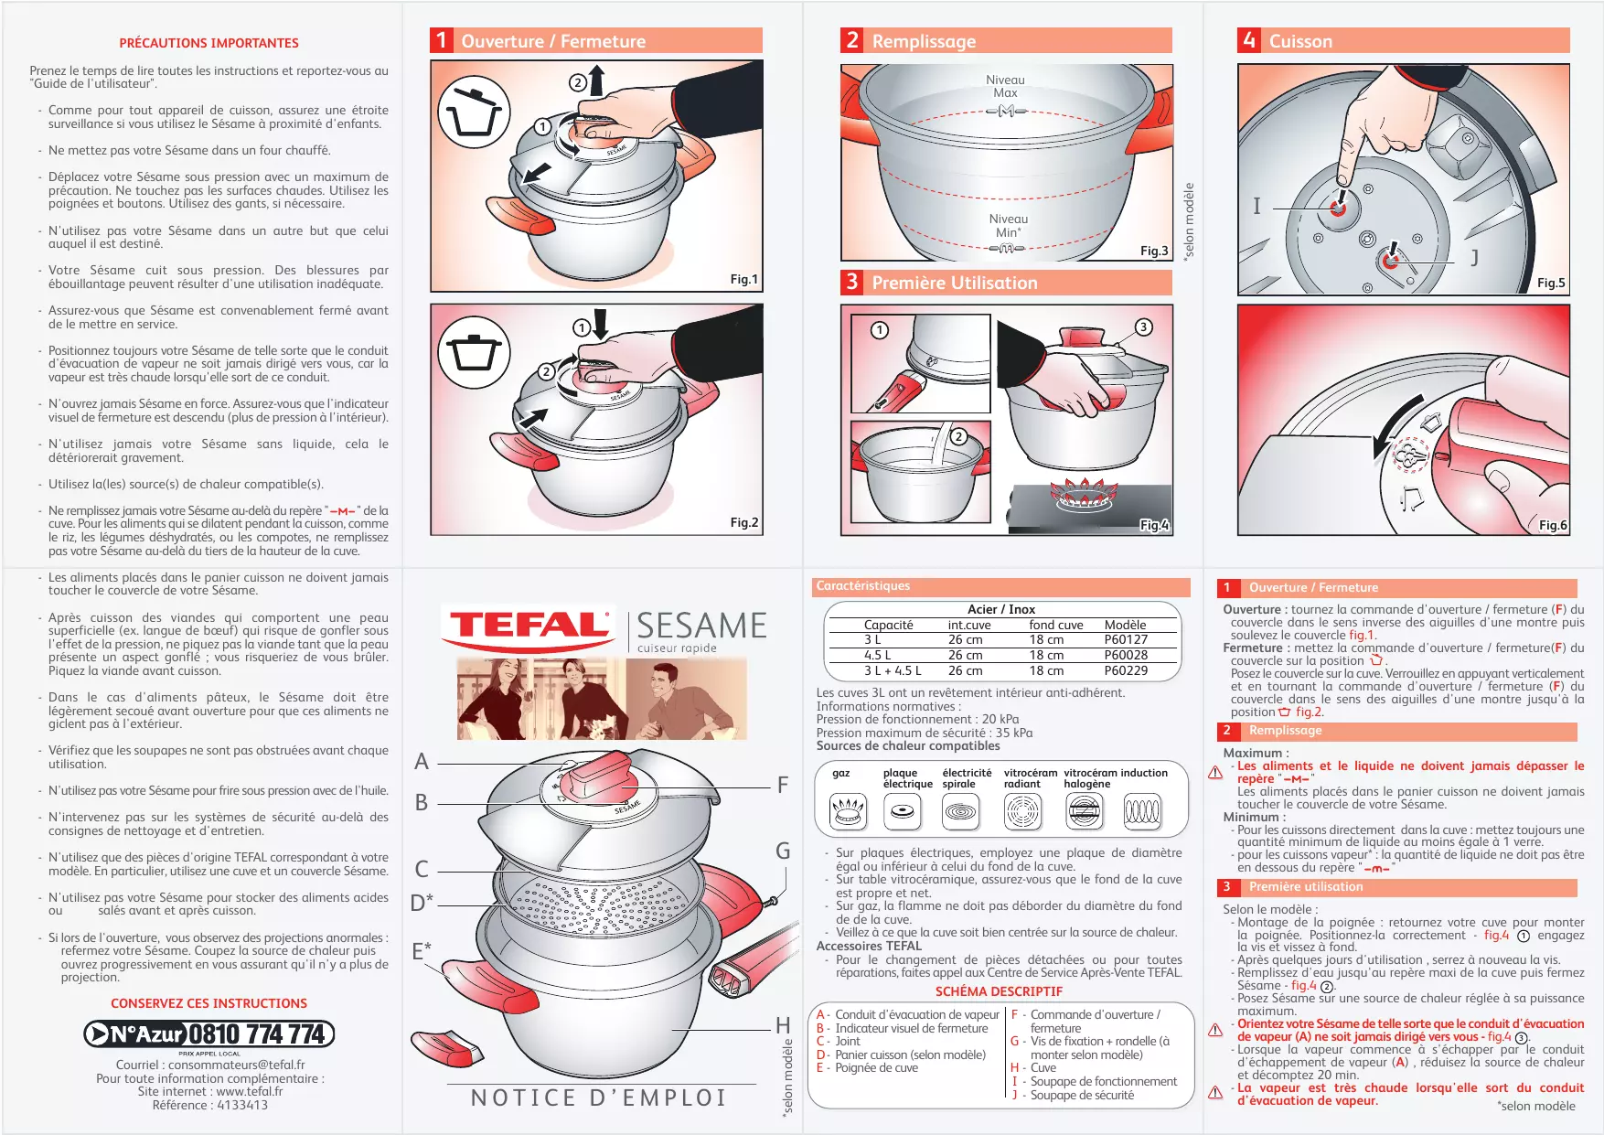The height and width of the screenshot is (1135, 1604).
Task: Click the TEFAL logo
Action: (x=529, y=626)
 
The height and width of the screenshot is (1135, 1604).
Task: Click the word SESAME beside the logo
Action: (x=701, y=626)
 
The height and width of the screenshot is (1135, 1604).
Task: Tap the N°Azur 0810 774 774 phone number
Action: (x=209, y=1034)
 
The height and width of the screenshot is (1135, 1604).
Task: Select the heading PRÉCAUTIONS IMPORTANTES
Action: (x=209, y=43)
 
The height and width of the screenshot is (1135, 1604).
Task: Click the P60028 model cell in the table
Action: (x=1126, y=655)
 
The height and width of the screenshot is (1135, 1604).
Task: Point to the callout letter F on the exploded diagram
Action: (x=783, y=785)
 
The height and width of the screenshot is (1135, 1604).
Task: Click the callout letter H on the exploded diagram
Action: (x=783, y=1025)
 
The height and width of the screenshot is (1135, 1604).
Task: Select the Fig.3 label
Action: (x=1154, y=251)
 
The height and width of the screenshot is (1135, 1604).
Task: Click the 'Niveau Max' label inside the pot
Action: (x=1005, y=86)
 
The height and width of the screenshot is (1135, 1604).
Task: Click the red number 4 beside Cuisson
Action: (x=1248, y=40)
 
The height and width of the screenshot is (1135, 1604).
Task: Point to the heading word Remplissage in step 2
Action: (x=924, y=41)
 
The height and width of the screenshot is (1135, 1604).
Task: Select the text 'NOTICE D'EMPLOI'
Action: (x=599, y=1098)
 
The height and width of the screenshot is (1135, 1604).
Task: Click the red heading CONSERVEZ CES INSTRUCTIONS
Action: (x=209, y=1003)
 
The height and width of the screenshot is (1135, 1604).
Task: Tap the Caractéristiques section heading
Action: (x=863, y=586)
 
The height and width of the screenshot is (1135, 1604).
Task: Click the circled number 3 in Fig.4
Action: (x=1143, y=327)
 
